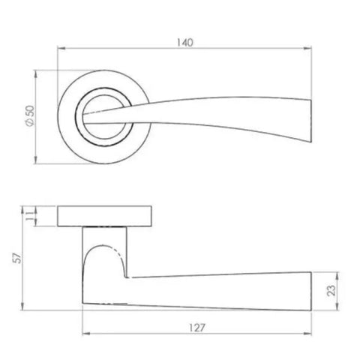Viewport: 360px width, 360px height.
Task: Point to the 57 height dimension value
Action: pos(13,258)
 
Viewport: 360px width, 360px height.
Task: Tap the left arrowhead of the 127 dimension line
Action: pos(83,336)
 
